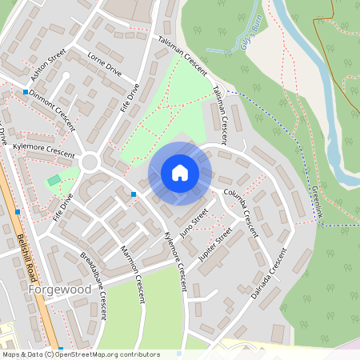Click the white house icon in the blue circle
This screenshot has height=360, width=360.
coord(180,173)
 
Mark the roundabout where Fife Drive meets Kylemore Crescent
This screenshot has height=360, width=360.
coord(89,162)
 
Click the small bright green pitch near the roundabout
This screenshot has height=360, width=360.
coord(54,181)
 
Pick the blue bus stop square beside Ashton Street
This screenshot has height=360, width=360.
coord(26,92)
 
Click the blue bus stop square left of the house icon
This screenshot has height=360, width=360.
coord(134,194)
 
